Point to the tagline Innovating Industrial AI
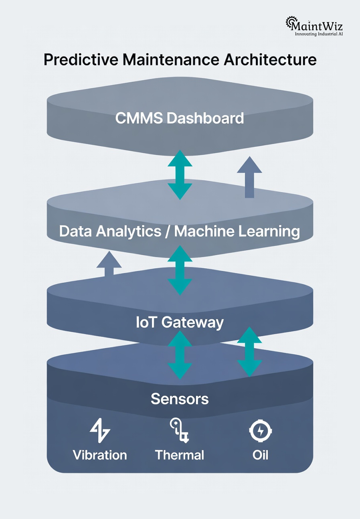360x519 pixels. pyautogui.click(x=319, y=34)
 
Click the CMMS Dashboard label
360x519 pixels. pyautogui.click(x=180, y=118)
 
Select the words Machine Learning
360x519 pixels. pyautogui.click(x=237, y=231)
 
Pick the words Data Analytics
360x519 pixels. pyautogui.click(x=111, y=231)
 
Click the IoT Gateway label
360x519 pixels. pyautogui.click(x=180, y=322)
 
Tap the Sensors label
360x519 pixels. pyautogui.click(x=180, y=399)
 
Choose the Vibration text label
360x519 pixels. pyautogui.click(x=100, y=455)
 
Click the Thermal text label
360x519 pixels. pyautogui.click(x=180, y=455)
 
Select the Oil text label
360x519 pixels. pyautogui.click(x=260, y=455)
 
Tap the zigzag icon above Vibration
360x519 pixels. pyautogui.click(x=100, y=431)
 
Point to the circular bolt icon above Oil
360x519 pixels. pyautogui.click(x=260, y=431)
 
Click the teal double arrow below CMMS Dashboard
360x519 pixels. pyautogui.click(x=180, y=175)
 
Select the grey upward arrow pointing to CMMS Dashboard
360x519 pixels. pyautogui.click(x=249, y=177)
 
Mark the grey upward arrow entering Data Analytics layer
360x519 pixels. pyautogui.click(x=109, y=263)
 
